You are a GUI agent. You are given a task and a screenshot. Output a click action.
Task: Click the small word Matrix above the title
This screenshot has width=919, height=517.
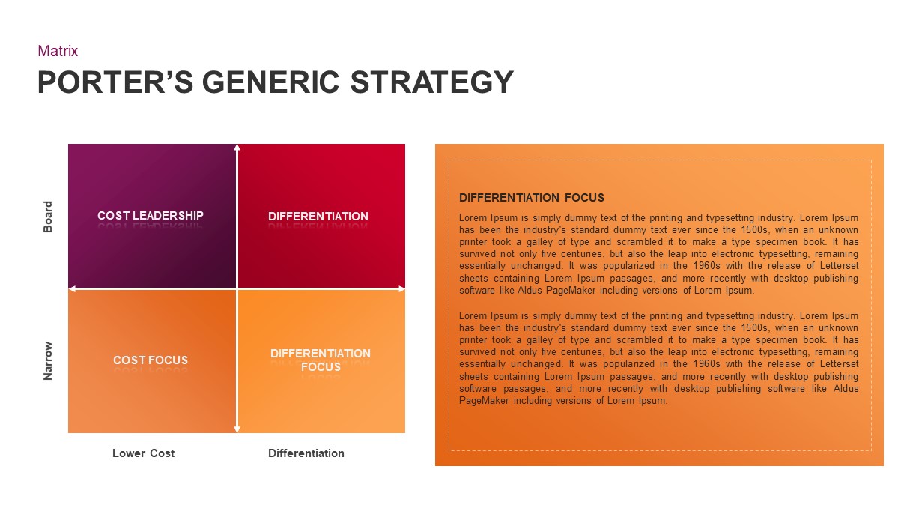pyautogui.click(x=58, y=51)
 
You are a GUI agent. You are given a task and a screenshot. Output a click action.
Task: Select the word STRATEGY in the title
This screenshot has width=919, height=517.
pyautogui.click(x=432, y=82)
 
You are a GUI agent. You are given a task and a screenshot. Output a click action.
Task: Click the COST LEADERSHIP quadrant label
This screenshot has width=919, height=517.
pyautogui.click(x=151, y=216)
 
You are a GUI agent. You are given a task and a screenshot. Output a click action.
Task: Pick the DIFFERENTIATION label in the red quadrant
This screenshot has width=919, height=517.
pyautogui.click(x=318, y=217)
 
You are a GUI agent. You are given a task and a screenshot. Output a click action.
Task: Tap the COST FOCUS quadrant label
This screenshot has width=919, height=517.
pyautogui.click(x=151, y=360)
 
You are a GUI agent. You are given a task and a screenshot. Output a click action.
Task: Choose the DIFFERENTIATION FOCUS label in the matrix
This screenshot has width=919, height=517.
pyautogui.click(x=321, y=360)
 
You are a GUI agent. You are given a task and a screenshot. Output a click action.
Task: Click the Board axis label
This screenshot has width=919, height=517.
pyautogui.click(x=48, y=217)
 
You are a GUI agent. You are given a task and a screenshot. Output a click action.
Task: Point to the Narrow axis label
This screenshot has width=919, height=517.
pyautogui.click(x=48, y=360)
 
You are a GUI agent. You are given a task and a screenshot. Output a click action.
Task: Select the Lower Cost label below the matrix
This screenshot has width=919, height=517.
pyautogui.click(x=143, y=453)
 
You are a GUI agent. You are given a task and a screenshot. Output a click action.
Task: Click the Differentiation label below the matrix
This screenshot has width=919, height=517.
pyautogui.click(x=306, y=453)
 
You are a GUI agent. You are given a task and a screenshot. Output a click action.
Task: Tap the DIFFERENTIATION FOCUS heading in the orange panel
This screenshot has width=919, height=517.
pyautogui.click(x=532, y=198)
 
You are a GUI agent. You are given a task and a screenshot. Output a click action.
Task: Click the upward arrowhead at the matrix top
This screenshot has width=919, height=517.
pyautogui.click(x=237, y=147)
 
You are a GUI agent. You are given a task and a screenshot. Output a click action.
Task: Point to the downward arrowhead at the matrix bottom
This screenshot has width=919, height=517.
pyautogui.click(x=237, y=429)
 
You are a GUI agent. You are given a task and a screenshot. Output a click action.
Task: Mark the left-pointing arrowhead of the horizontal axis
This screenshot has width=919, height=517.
pyautogui.click(x=71, y=288)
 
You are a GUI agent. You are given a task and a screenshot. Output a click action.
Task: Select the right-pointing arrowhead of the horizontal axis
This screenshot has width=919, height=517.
pyautogui.click(x=401, y=288)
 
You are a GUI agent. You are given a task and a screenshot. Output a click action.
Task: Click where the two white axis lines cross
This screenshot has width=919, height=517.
pyautogui.click(x=237, y=288)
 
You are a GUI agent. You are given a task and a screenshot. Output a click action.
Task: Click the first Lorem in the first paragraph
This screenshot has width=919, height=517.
pyautogui.click(x=473, y=218)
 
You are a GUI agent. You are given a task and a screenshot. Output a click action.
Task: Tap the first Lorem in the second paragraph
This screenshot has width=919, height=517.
pyautogui.click(x=473, y=316)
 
